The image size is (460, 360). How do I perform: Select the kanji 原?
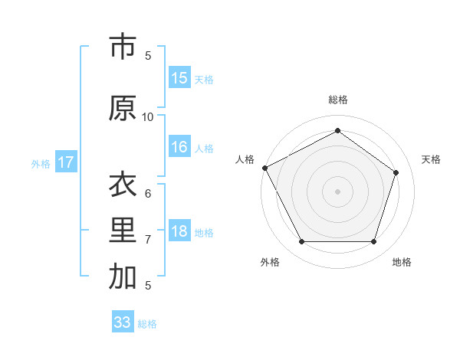[123, 108]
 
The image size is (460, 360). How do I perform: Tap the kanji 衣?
[123, 185]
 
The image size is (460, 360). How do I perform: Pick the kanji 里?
[123, 231]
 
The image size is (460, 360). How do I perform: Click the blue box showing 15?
[179, 78]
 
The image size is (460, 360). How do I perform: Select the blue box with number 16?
[179, 148]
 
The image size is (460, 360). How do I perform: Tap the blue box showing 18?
[179, 232]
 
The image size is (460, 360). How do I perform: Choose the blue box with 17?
[66, 162]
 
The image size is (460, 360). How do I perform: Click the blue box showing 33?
[123, 322]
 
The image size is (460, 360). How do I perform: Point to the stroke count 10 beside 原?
[148, 116]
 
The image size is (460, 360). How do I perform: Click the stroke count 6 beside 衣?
[148, 194]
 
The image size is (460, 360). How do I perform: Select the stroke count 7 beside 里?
[148, 240]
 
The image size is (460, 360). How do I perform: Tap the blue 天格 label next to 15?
[204, 79]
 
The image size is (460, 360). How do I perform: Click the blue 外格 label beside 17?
[41, 163]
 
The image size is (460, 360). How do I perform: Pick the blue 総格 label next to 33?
[147, 324]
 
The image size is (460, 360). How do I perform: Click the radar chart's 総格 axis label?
[337, 100]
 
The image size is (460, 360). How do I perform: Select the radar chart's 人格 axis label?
[245, 159]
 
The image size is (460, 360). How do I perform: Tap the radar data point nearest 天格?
[396, 172]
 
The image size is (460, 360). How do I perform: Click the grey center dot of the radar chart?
[337, 191]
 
